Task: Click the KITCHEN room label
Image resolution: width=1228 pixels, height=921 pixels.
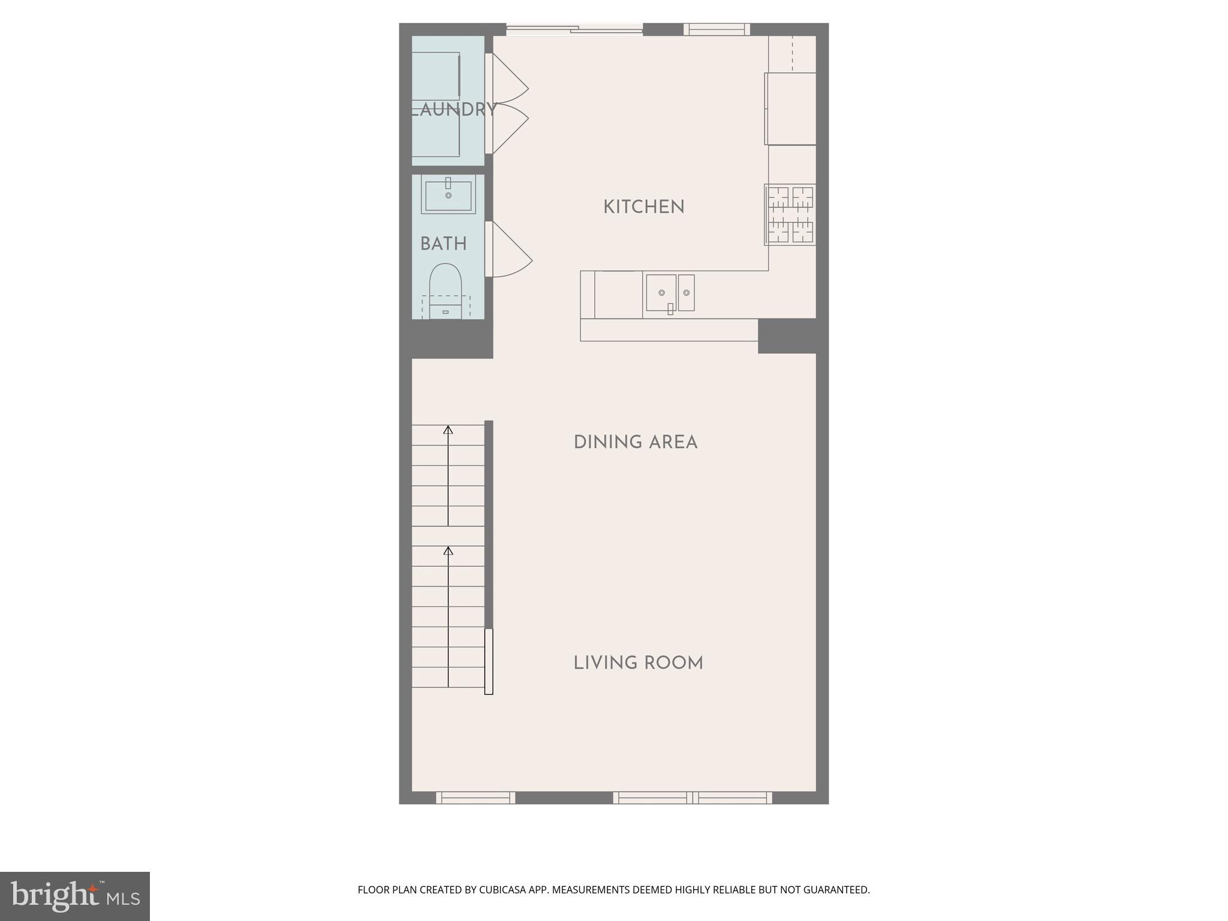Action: (643, 207)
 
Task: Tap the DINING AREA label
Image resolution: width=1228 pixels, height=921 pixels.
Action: (635, 443)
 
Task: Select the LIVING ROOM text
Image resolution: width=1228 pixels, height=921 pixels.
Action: (638, 663)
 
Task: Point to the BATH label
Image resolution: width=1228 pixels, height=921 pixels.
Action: (443, 244)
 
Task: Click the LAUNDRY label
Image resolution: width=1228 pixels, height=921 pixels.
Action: (454, 110)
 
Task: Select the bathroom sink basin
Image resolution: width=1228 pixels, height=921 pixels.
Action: (448, 194)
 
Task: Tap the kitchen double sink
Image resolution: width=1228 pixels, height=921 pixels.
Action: (670, 293)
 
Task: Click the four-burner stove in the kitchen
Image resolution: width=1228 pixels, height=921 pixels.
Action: (790, 215)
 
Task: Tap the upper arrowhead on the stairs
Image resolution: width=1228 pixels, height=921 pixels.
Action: (448, 429)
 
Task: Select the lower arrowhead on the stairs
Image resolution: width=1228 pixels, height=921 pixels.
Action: (448, 550)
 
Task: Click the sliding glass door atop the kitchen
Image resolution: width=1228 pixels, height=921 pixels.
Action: (574, 29)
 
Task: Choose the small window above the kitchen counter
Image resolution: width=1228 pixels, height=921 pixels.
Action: (717, 29)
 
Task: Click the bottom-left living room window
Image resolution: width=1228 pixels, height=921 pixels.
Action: (475, 797)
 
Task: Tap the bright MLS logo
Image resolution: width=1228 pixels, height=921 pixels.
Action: (75, 896)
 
